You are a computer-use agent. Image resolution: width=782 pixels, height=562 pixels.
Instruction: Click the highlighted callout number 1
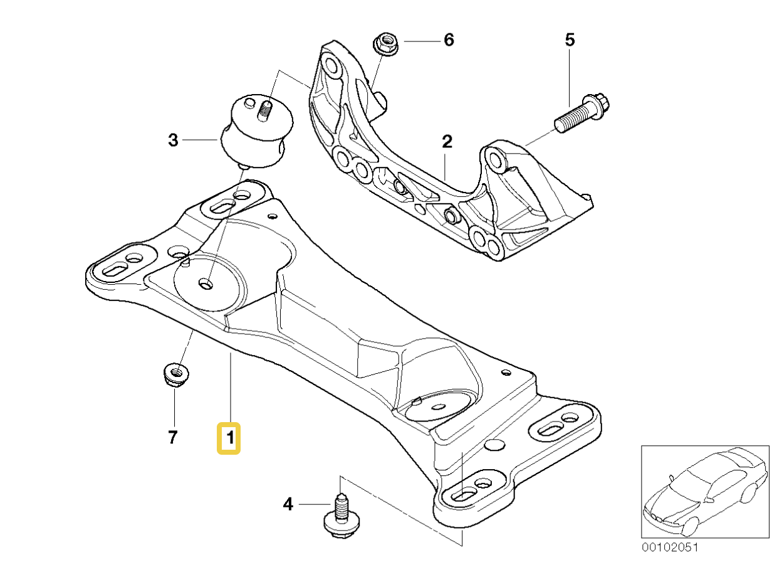click(229, 438)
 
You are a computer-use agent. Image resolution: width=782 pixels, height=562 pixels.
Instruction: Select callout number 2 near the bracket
click(446, 142)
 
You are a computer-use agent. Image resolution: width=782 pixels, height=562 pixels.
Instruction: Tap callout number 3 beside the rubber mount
click(173, 140)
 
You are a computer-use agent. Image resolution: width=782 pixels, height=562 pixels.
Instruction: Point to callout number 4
click(288, 503)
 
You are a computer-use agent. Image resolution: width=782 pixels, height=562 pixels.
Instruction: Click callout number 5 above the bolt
click(569, 41)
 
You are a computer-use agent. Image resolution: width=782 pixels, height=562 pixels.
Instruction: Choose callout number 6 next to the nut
click(448, 40)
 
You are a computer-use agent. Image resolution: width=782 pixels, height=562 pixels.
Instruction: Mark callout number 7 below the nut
click(173, 437)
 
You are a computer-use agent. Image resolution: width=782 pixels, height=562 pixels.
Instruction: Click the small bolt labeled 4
click(339, 516)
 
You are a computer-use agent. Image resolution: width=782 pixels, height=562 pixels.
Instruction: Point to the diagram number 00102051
click(669, 548)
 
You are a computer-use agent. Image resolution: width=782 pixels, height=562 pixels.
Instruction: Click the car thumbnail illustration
click(704, 491)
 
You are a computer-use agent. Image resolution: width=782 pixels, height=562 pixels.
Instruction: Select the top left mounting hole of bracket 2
click(330, 63)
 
